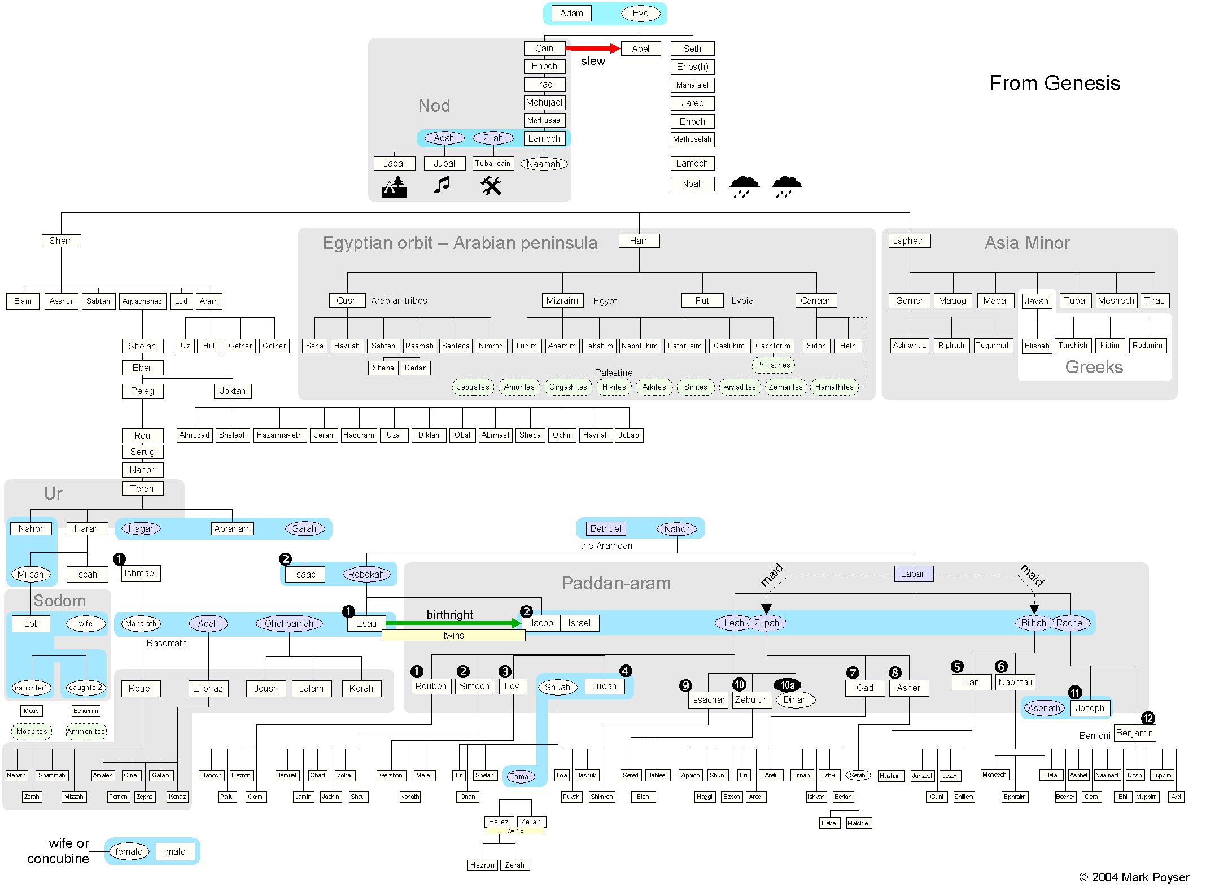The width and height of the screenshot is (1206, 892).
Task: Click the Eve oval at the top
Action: point(640,14)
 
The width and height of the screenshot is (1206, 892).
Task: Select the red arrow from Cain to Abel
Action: point(592,49)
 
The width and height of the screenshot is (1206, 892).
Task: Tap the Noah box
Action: point(692,184)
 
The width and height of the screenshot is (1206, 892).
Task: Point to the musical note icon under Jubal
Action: point(442,185)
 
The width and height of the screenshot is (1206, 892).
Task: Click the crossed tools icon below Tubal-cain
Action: point(491,185)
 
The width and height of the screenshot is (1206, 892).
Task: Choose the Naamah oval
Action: point(543,164)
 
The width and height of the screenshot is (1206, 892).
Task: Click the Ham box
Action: point(639,241)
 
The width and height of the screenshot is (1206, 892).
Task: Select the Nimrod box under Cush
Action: point(491,346)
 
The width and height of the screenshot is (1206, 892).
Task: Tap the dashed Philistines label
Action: point(773,365)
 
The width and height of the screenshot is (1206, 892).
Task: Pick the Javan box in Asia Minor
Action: point(1037,301)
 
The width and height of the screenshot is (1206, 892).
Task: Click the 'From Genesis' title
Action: point(1054,84)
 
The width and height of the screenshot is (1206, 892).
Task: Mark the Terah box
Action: point(142,489)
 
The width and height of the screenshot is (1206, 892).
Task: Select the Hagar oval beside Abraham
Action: point(141,529)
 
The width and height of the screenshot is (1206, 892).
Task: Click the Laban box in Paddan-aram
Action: point(913,574)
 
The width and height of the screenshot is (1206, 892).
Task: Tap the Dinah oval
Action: point(795,700)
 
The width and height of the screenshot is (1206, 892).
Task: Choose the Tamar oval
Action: point(520,776)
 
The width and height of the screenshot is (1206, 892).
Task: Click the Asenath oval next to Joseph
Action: point(1044,709)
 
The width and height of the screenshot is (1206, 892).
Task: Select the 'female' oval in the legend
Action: point(129,852)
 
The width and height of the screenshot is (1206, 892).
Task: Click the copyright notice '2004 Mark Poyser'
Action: point(1134,877)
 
